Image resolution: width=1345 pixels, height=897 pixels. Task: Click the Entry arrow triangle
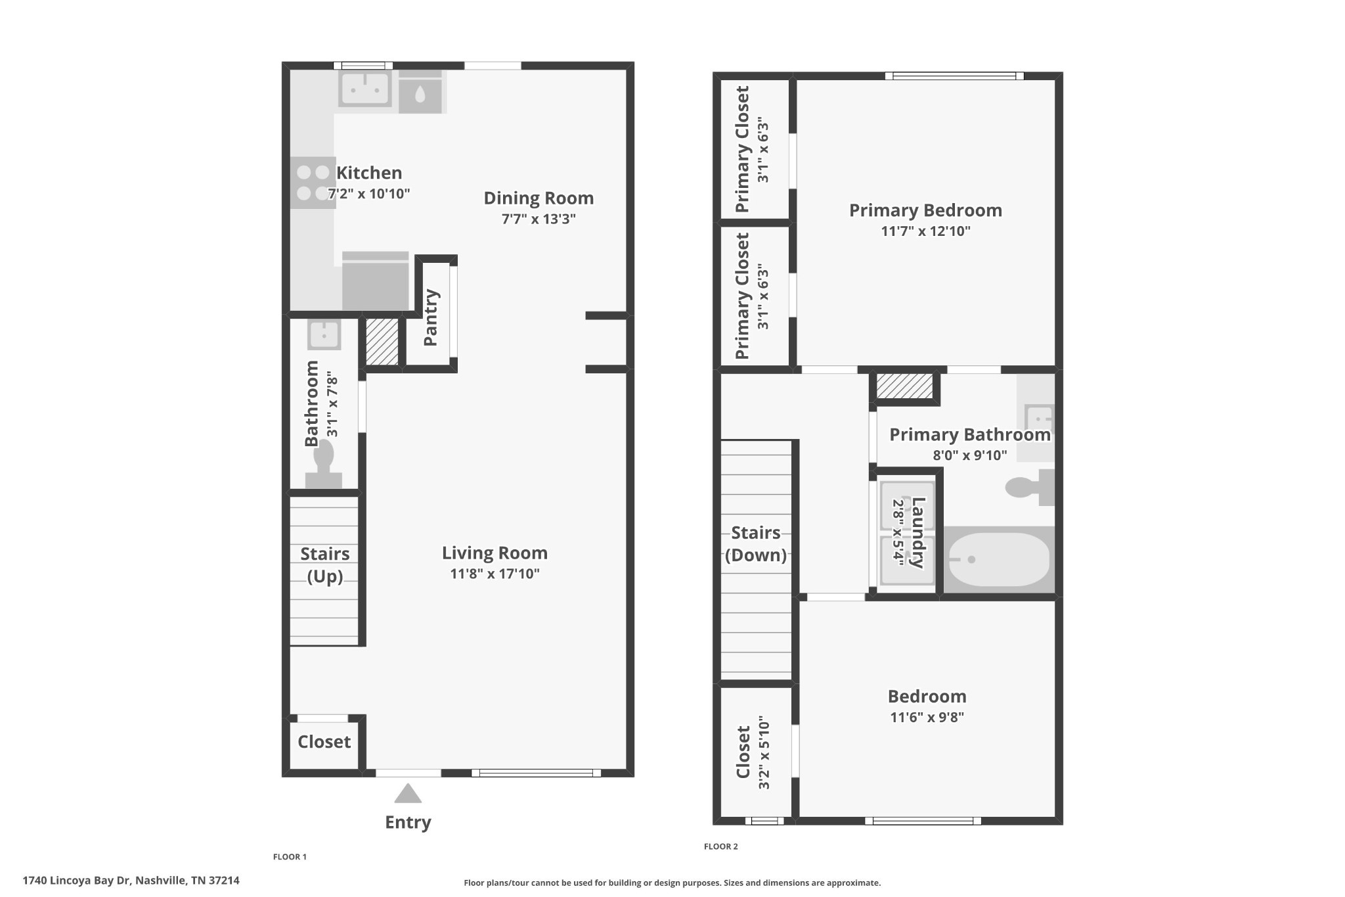pyautogui.click(x=408, y=793)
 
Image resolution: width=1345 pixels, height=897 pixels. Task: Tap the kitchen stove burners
pyautogui.click(x=313, y=183)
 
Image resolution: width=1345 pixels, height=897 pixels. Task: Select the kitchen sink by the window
pyautogui.click(x=364, y=88)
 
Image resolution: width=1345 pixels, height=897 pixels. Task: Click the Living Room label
pyautogui.click(x=495, y=553)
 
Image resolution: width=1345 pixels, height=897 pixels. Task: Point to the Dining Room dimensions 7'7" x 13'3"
pyautogui.click(x=539, y=219)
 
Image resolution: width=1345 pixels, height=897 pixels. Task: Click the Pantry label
pyautogui.click(x=431, y=317)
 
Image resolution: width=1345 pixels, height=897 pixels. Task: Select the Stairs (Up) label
pyautogui.click(x=325, y=565)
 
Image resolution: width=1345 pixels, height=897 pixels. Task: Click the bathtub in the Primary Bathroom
pyautogui.click(x=999, y=559)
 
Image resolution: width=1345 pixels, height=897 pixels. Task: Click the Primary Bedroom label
pyautogui.click(x=925, y=210)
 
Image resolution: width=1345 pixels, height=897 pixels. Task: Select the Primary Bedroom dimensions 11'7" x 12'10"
pyautogui.click(x=925, y=231)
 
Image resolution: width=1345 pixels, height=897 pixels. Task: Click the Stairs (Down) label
pyautogui.click(x=756, y=544)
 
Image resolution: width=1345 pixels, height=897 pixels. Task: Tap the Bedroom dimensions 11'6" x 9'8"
pyautogui.click(x=927, y=717)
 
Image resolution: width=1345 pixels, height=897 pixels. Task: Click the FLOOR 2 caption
pyautogui.click(x=721, y=846)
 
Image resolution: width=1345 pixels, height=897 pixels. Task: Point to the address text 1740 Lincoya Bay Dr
pyautogui.click(x=77, y=881)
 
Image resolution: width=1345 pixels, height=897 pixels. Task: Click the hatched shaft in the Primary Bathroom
pyautogui.click(x=904, y=386)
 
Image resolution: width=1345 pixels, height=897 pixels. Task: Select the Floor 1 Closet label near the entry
pyautogui.click(x=324, y=742)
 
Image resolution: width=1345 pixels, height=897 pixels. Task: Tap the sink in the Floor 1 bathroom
pyautogui.click(x=324, y=335)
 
